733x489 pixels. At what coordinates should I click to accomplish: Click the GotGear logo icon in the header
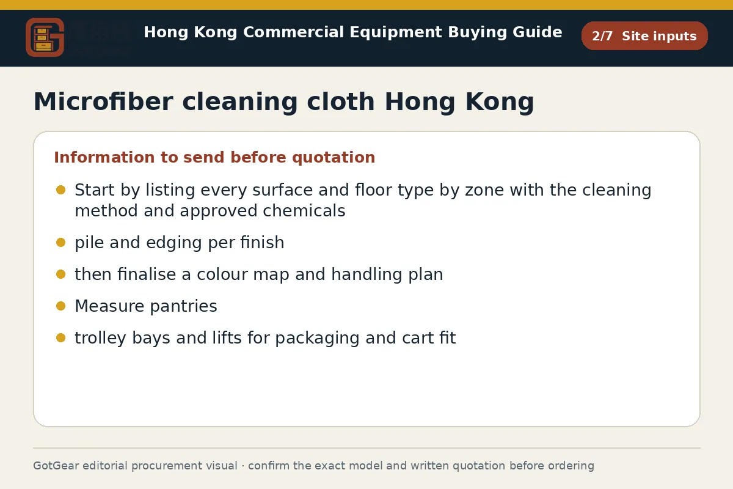45,37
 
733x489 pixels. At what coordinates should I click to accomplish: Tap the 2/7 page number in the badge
602,36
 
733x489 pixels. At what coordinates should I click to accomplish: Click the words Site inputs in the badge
659,36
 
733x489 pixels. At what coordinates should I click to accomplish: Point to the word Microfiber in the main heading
103,101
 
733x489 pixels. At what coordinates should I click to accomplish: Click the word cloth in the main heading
341,101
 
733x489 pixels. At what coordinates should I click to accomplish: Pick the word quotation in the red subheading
334,158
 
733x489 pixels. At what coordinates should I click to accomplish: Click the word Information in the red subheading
104,157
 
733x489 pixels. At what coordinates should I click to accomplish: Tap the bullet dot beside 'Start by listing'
61,190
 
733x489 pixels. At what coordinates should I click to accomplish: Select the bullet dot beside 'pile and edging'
61,243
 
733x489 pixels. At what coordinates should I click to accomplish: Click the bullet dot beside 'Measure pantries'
61,306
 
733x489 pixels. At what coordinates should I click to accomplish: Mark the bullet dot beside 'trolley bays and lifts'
61,338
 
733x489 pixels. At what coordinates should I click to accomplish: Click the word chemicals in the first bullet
304,211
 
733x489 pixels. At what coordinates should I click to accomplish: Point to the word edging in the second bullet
173,243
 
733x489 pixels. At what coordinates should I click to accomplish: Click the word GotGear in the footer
56,466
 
